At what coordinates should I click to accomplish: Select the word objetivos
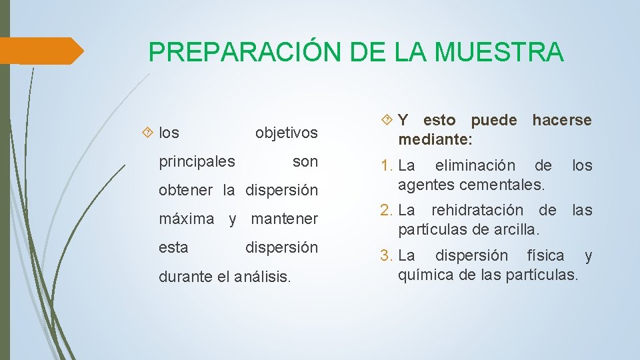287,133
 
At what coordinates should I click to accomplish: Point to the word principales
197,162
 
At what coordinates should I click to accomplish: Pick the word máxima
187,219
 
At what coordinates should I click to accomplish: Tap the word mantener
285,219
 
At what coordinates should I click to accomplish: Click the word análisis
263,276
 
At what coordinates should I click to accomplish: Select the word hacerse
561,121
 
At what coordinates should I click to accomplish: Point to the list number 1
386,165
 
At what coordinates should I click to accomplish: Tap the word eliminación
475,165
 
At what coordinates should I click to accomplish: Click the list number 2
386,211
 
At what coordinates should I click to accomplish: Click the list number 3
386,256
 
